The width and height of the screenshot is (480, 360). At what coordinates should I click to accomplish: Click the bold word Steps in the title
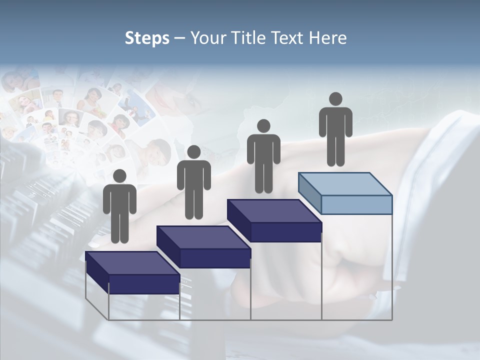(147, 38)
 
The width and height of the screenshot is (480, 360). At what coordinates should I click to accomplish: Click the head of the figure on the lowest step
(119, 176)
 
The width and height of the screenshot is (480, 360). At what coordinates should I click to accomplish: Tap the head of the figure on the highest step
(335, 99)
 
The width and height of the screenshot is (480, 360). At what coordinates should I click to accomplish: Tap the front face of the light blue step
(356, 204)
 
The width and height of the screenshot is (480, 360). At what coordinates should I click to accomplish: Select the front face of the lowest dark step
(144, 284)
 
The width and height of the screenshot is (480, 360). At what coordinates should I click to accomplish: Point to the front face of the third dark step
(286, 232)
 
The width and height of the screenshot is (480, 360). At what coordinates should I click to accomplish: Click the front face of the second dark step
(215, 258)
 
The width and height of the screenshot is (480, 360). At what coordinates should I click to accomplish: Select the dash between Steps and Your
(180, 38)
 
